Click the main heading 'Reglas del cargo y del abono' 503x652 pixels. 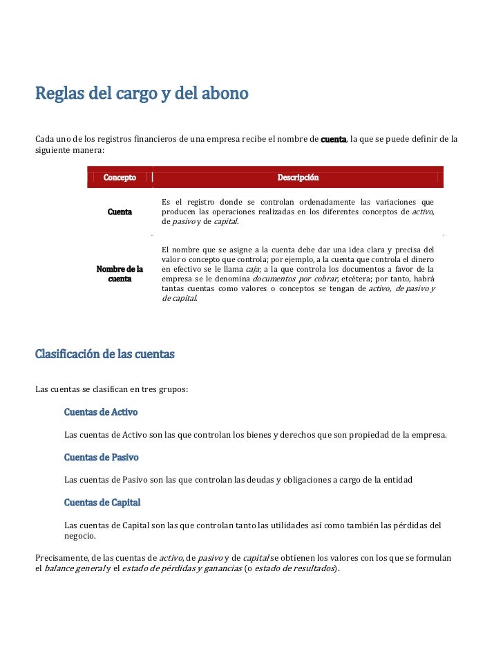[142, 94]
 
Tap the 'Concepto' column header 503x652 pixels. [120, 178]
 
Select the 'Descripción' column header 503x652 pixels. [298, 178]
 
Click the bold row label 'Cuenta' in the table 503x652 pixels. [120, 212]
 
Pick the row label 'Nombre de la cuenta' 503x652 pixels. [120, 274]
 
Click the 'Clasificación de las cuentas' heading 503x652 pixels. [105, 355]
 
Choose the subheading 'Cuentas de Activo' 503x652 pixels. [101, 412]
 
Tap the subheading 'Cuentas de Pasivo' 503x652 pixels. [101, 457]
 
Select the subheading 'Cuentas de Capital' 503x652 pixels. [102, 502]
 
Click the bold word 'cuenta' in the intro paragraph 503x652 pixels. [334, 140]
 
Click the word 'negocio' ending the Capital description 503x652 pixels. [79, 536]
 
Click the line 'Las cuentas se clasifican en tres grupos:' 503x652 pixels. [111, 389]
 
